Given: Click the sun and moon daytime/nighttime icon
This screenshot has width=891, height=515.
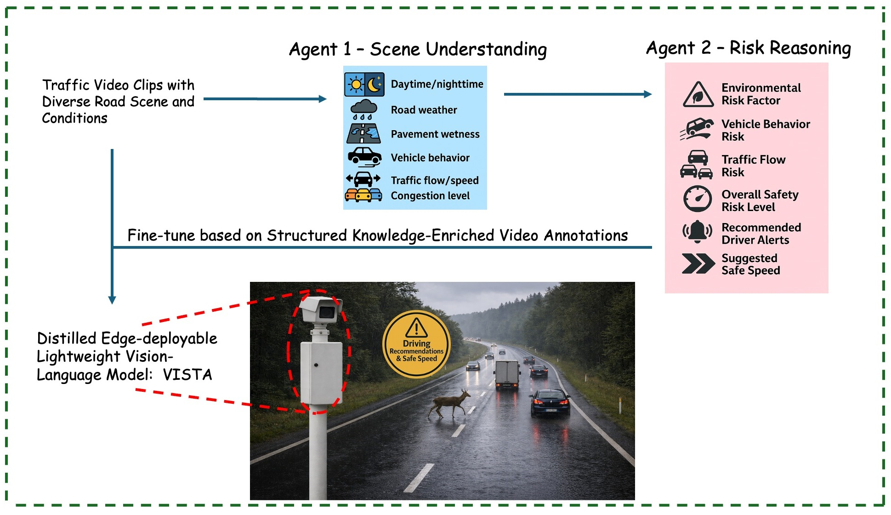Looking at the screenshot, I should [364, 84].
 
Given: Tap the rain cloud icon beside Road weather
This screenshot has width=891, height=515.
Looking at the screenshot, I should [363, 110].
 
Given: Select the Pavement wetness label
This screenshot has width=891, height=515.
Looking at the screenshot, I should [435, 134].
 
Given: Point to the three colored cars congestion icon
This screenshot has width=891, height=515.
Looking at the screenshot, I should [363, 195].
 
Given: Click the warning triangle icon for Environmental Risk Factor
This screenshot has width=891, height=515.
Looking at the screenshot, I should [698, 95].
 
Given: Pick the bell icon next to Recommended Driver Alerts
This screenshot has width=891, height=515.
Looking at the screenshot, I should [697, 232].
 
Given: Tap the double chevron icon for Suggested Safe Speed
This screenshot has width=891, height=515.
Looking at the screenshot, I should [698, 264].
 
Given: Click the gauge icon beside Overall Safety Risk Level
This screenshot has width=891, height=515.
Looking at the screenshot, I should [697, 199].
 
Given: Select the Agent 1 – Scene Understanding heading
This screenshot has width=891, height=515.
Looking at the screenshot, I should [418, 49].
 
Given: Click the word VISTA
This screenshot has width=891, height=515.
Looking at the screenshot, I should [187, 375].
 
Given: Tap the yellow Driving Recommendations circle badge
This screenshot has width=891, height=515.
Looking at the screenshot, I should [416, 344].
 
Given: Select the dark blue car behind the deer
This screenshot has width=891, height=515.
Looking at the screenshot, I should [550, 401].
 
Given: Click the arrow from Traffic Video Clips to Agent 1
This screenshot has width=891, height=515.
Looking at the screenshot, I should [265, 99].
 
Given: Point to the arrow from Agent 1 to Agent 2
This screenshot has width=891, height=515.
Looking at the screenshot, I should [578, 94].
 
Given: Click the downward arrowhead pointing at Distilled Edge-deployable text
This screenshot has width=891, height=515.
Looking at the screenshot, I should [112, 299].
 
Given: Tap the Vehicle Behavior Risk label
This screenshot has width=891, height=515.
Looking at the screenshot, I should [765, 130].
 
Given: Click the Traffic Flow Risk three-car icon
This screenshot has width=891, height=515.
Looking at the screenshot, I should [697, 165].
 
